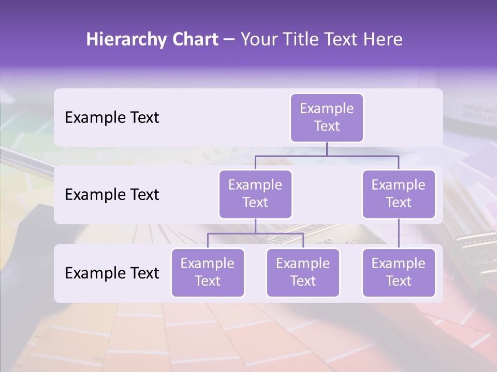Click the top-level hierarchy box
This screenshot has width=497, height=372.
tap(327, 117)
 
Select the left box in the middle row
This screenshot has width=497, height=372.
tap(255, 194)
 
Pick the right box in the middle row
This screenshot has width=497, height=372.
tap(399, 194)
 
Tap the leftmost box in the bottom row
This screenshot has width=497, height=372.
tap(208, 272)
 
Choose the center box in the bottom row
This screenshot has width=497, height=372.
tap(303, 272)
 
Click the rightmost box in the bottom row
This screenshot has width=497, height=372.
tap(399, 272)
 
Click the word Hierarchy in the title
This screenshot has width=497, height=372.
tap(125, 40)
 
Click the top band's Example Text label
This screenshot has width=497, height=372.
tap(112, 118)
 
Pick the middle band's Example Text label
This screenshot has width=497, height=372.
tap(112, 195)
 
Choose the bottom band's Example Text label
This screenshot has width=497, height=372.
tap(112, 273)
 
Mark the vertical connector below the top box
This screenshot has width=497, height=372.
tap(327, 149)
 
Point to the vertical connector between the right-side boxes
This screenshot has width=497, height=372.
tap(399, 234)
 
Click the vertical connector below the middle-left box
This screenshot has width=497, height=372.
tap(255, 226)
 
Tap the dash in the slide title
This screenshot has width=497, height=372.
tap(229, 40)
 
